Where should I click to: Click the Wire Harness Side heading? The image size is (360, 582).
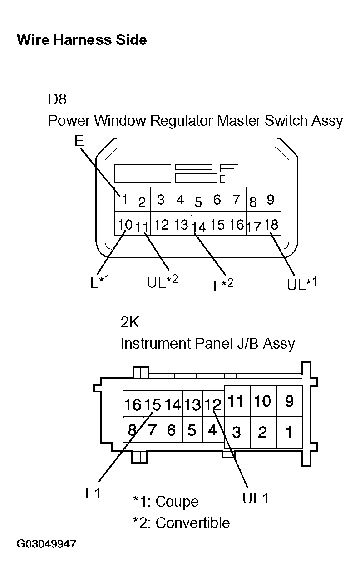tap(82, 40)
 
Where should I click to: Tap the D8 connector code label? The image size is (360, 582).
tap(57, 99)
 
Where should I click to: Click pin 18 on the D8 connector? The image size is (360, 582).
tap(271, 224)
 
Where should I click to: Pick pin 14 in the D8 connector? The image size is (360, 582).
tap(199, 227)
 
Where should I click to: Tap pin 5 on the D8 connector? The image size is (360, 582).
tap(198, 202)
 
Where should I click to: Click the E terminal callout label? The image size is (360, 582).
tap(79, 141)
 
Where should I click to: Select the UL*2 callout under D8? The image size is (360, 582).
tap(163, 281)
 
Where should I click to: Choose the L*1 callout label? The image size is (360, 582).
tap(100, 281)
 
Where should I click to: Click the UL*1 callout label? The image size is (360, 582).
tap(302, 284)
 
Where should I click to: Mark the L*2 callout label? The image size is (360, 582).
tap(223, 285)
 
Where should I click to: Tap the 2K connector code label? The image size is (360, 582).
tap(130, 322)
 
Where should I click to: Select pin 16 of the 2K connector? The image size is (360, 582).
tap(133, 404)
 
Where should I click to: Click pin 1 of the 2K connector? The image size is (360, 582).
tap(289, 432)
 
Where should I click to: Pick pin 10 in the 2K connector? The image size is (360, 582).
tap(263, 401)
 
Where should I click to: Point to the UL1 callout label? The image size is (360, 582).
tap(256, 498)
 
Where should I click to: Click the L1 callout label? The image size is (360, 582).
tap(93, 493)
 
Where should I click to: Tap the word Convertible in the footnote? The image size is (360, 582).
tap(193, 523)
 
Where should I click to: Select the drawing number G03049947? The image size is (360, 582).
tap(46, 544)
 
